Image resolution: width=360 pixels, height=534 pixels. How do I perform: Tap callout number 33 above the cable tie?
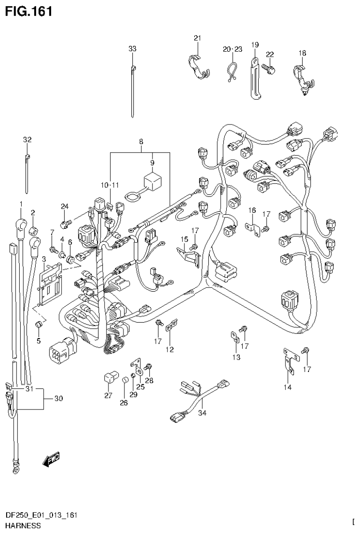[132, 49]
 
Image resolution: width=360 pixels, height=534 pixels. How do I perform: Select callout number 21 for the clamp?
[197, 38]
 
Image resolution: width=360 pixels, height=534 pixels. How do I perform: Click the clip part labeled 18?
[301, 77]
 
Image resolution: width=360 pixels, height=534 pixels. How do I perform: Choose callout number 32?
[27, 139]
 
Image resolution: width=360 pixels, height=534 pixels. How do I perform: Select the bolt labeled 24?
[66, 218]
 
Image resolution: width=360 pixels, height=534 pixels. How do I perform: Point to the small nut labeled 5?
[39, 324]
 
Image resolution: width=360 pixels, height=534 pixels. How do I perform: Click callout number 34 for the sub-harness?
[202, 413]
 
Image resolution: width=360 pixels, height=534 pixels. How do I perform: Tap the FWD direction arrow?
[51, 460]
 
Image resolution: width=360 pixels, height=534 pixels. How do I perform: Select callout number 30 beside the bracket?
[58, 399]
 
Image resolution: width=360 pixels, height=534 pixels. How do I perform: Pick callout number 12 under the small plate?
[169, 349]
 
